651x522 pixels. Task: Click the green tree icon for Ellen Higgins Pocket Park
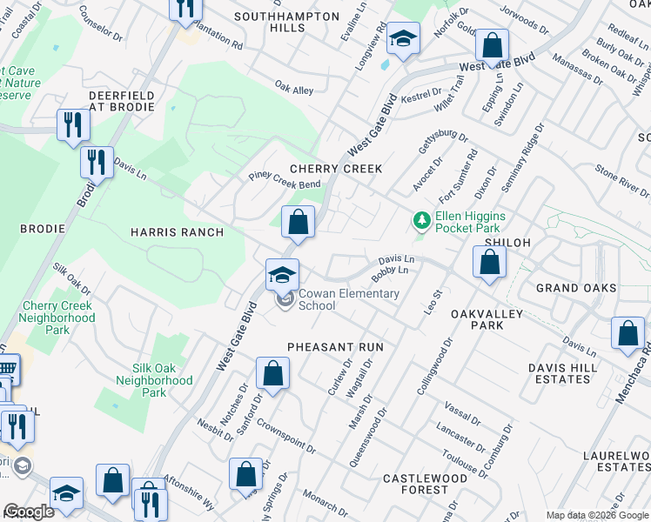[x=422, y=220]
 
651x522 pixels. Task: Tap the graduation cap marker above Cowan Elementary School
[x=282, y=276]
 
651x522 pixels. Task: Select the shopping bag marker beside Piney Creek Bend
[x=298, y=222]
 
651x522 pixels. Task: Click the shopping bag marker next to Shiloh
[x=490, y=262]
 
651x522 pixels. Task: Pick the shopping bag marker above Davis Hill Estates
[x=628, y=334]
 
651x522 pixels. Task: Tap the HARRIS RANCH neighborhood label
[x=177, y=232]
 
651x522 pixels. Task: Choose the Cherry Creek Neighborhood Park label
[x=58, y=318]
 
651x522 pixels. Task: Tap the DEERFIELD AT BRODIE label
[x=121, y=101]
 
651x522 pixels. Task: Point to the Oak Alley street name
[x=294, y=89]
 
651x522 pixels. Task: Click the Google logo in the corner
[x=28, y=512]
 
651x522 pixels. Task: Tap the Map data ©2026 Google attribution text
[x=597, y=515]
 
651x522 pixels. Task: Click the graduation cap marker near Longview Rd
[x=403, y=39]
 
